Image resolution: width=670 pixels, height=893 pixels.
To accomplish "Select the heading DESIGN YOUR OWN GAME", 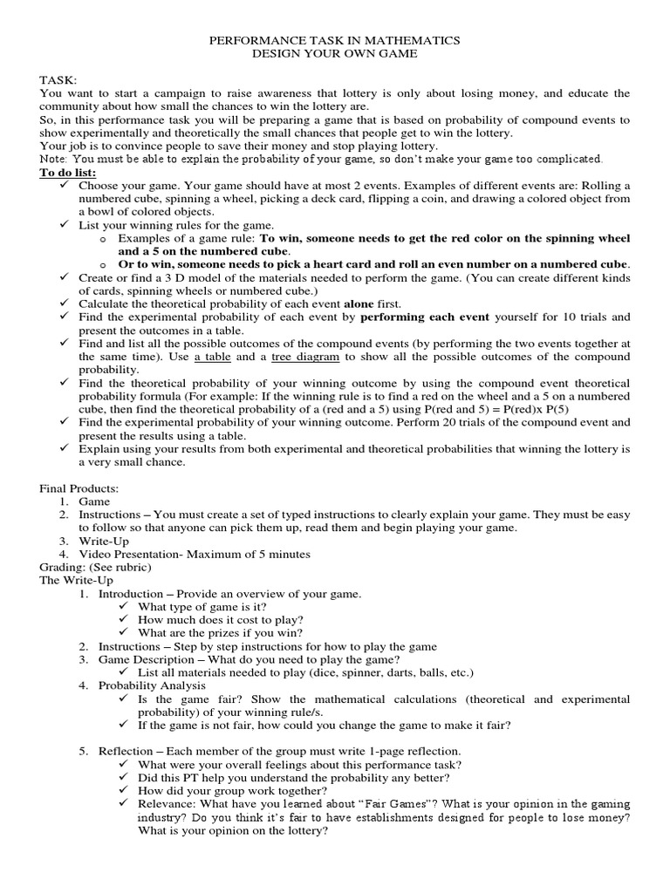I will [335, 53].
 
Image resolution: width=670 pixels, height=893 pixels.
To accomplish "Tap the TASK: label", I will [58, 79].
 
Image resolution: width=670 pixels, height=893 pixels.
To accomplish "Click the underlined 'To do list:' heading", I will [68, 173].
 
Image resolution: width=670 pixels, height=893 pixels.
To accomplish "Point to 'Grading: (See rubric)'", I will [95, 567].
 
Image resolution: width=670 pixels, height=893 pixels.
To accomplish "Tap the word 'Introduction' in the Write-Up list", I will [130, 594].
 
